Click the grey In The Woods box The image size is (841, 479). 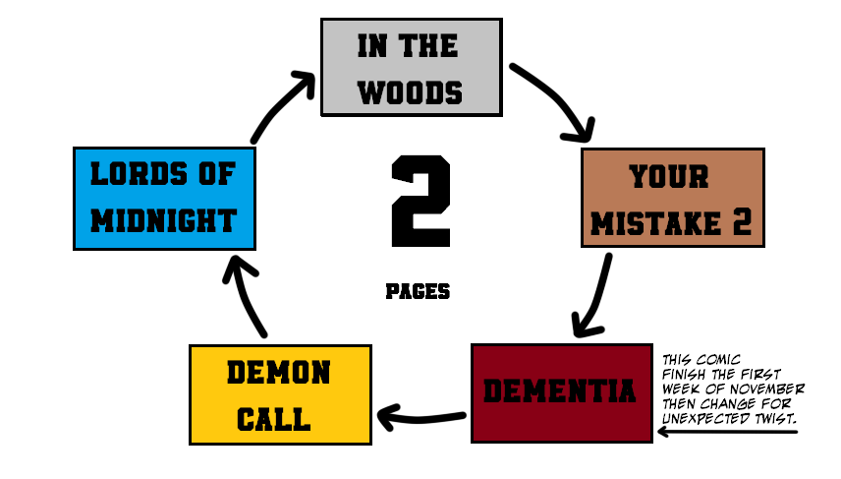(412, 67)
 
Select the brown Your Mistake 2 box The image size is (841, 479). (672, 197)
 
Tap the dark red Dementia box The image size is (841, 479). (561, 392)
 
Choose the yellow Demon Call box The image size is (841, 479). (280, 393)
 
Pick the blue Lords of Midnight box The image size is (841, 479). (164, 197)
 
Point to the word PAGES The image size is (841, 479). (418, 291)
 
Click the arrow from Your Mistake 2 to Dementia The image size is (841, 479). (594, 295)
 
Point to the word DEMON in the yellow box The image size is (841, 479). (279, 373)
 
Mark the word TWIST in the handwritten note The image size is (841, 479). (770, 419)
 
